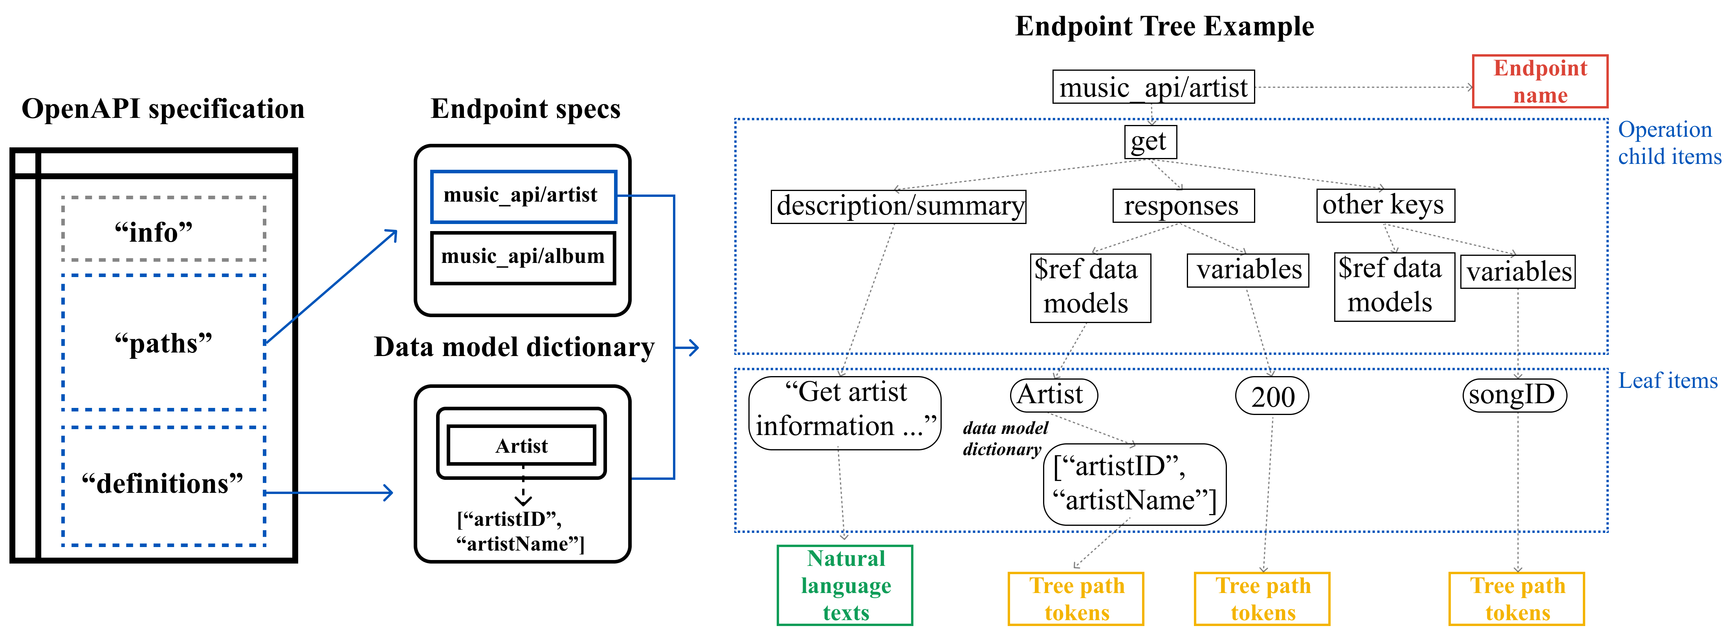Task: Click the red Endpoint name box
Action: point(1540,81)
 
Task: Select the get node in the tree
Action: point(1150,141)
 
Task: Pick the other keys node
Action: point(1385,206)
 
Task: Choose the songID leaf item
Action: point(1514,395)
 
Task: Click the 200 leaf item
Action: point(1272,396)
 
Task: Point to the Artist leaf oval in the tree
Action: point(1054,395)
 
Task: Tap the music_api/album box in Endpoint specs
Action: point(523,258)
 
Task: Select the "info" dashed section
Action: point(164,229)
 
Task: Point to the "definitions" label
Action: point(162,483)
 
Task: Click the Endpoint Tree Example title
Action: point(1164,27)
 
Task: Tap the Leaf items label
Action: point(1668,380)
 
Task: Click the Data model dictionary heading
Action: point(514,348)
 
